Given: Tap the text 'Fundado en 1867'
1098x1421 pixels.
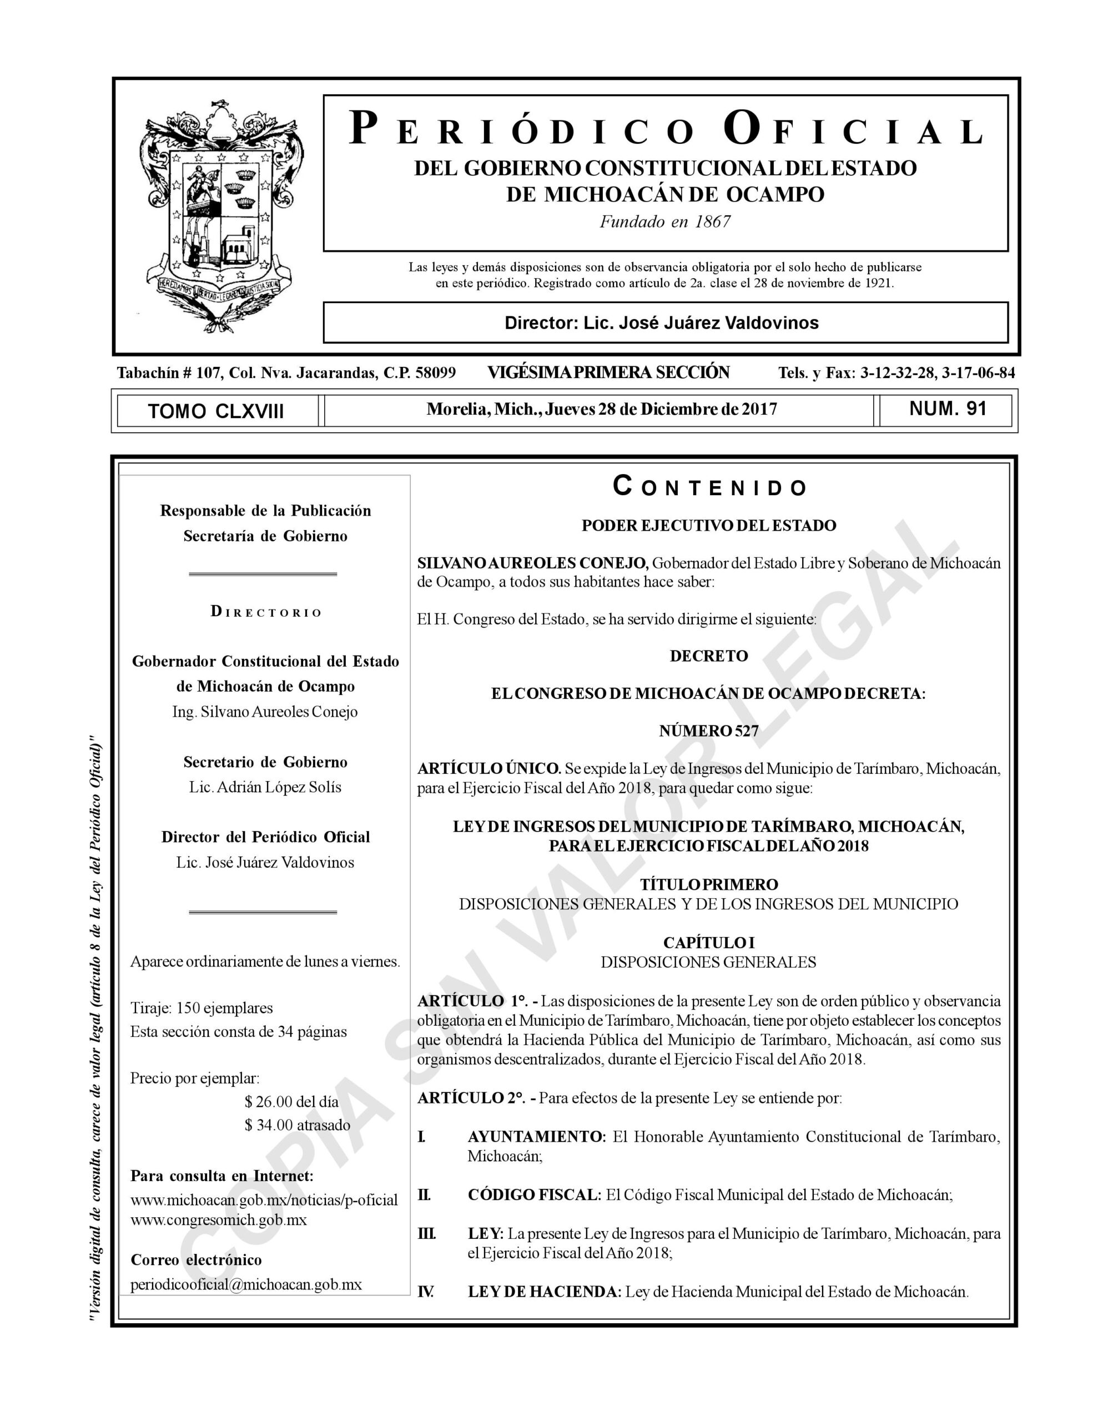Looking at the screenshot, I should click(x=664, y=222).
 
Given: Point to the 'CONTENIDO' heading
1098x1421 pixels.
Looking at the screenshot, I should click(x=709, y=487).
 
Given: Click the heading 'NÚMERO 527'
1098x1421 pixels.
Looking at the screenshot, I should click(x=708, y=730).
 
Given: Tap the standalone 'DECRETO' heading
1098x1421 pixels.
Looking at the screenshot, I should click(x=708, y=656).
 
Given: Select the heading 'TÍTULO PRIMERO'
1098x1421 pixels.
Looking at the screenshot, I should click(x=708, y=884).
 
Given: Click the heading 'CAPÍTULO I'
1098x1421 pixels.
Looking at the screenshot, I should click(x=708, y=942).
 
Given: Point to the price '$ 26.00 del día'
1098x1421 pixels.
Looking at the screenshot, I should click(x=291, y=1101).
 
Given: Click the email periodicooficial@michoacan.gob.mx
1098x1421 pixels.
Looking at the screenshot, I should click(x=246, y=1285).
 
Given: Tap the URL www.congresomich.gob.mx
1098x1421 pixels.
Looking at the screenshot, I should click(x=219, y=1220).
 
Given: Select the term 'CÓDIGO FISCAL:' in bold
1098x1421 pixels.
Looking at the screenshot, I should click(x=535, y=1195).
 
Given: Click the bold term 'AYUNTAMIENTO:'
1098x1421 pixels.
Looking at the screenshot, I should click(x=537, y=1137).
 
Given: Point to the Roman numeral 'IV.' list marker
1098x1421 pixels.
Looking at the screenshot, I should click(x=425, y=1292).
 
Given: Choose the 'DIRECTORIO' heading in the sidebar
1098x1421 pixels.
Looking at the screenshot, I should click(x=266, y=612).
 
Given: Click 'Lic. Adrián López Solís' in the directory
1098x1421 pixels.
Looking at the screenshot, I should click(x=265, y=787).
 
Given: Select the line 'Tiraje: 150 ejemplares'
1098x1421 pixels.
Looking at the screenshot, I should click(x=202, y=1008).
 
